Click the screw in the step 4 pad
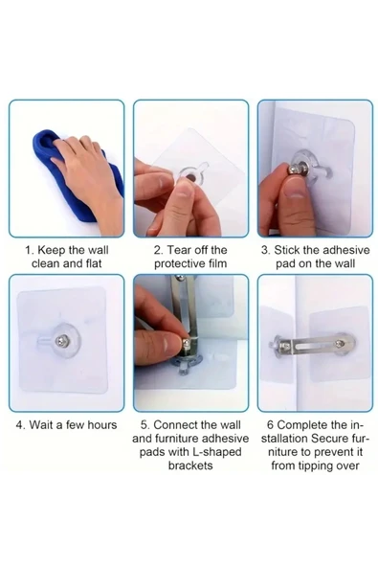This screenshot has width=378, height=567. click(60, 340)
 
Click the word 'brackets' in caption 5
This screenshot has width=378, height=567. click(190, 465)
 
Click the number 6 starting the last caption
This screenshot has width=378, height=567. click(270, 424)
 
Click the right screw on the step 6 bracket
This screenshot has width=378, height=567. click(340, 344)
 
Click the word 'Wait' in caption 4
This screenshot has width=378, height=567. click(40, 424)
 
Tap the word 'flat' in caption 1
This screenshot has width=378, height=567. click(94, 263)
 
